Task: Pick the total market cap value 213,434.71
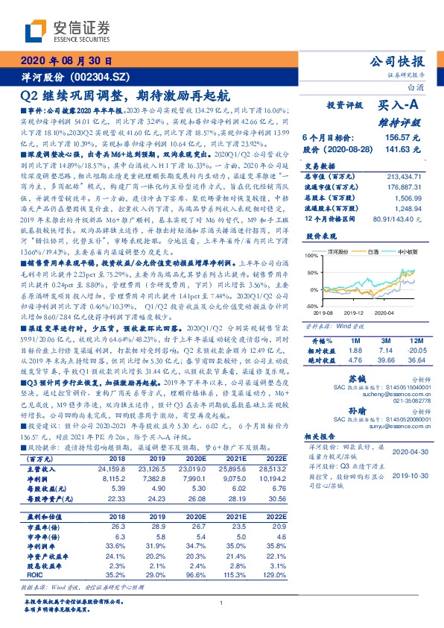coord(405,173)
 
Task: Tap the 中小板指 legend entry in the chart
coord(408,253)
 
